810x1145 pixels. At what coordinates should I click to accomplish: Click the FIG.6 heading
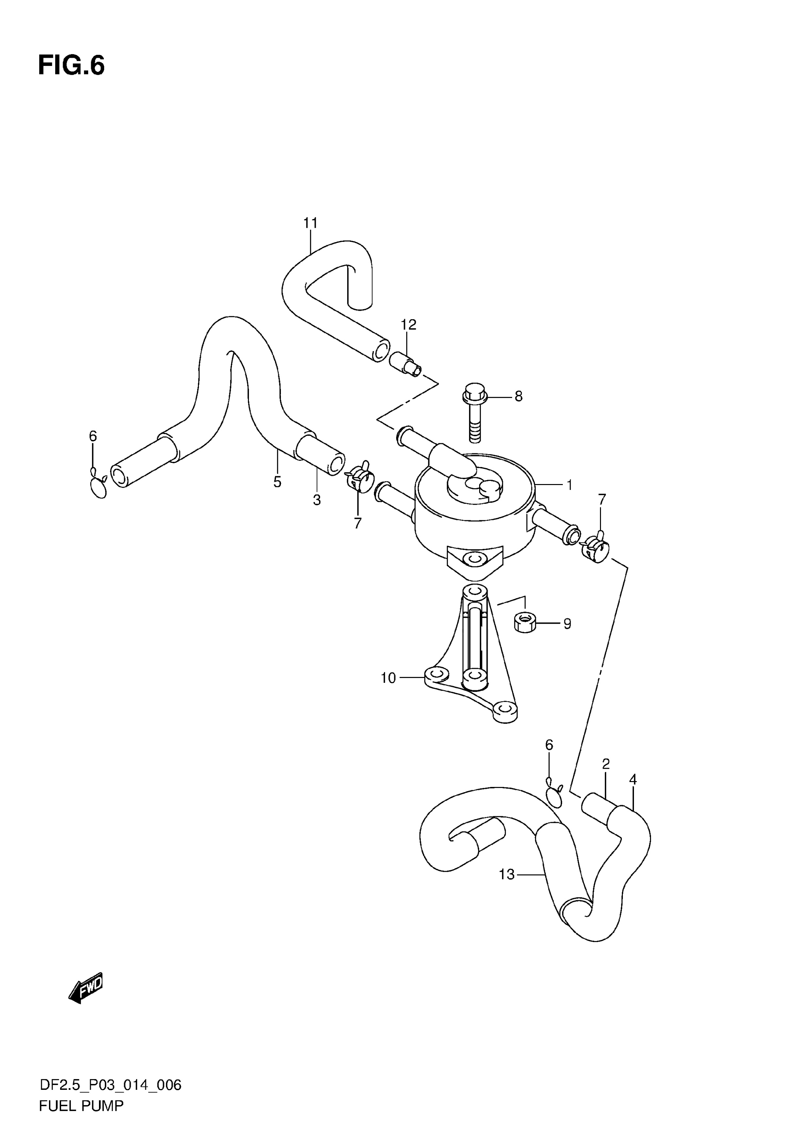(x=72, y=66)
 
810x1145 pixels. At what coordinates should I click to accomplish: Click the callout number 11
(x=310, y=223)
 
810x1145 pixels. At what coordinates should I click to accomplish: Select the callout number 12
(x=408, y=325)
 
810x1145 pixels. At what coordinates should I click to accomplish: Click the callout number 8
(x=519, y=397)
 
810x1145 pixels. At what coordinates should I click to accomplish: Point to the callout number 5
(x=278, y=482)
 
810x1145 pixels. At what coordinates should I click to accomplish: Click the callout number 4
(x=633, y=779)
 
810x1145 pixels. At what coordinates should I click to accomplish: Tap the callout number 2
(x=606, y=764)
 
